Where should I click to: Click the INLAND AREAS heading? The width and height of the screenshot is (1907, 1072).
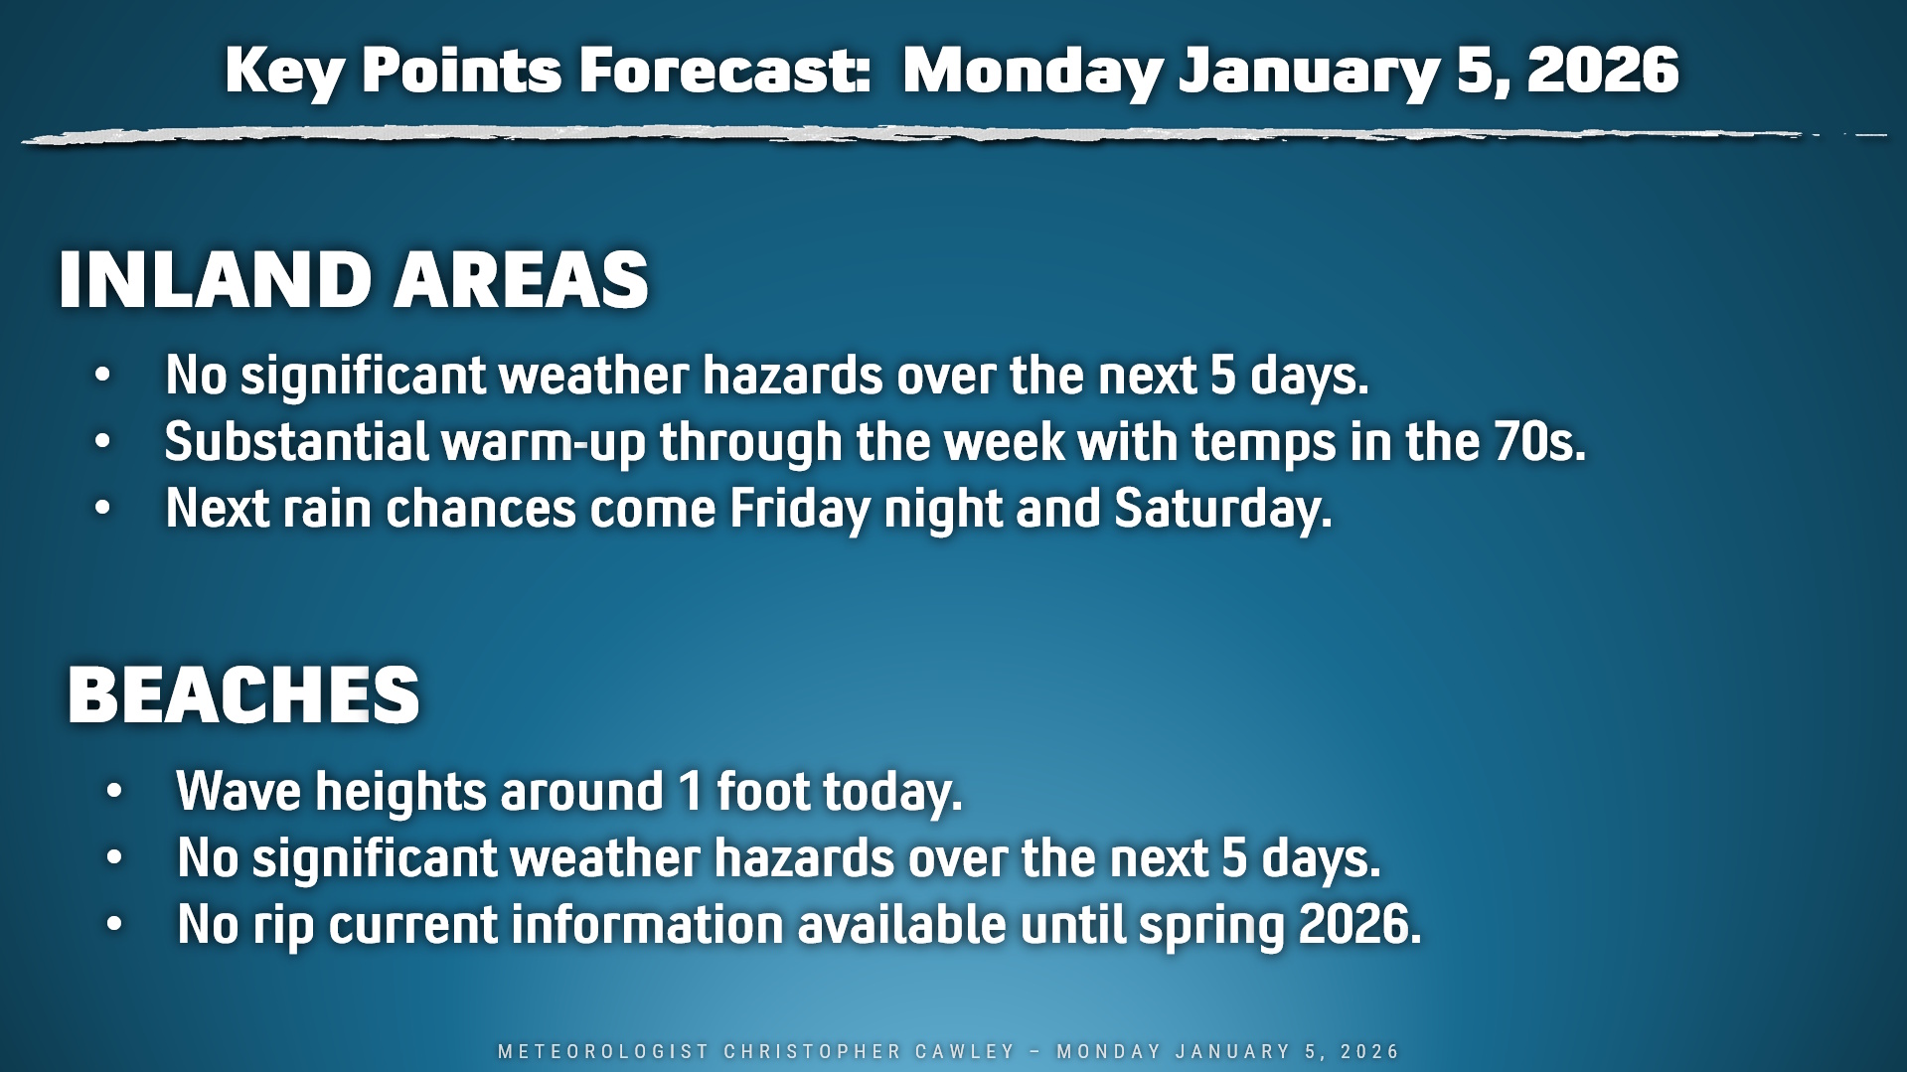tap(354, 280)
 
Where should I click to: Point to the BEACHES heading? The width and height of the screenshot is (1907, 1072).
tap(244, 694)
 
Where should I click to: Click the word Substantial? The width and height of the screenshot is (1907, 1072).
tap(296, 441)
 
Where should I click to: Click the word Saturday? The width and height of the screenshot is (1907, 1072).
tap(1223, 510)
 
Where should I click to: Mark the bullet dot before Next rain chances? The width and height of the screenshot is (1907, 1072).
tap(102, 508)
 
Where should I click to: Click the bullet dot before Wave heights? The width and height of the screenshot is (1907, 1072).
tap(114, 792)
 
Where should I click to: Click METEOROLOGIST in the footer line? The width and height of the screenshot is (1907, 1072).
tap(604, 1051)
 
